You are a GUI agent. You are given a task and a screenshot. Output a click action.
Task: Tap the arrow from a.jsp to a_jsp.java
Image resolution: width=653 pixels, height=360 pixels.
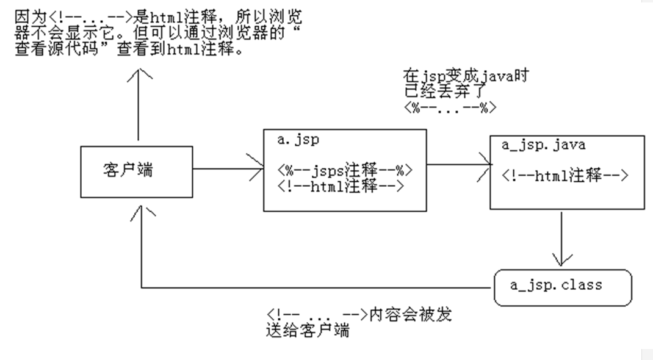pyautogui.click(x=458, y=164)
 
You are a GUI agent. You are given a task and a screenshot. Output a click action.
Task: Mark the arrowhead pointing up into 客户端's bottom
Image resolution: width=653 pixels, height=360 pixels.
pyautogui.click(x=141, y=211)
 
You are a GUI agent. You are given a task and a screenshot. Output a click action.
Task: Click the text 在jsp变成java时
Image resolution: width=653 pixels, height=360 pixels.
pyautogui.click(x=465, y=77)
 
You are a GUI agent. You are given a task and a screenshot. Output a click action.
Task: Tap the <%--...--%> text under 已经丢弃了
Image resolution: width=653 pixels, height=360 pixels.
pyautogui.click(x=450, y=107)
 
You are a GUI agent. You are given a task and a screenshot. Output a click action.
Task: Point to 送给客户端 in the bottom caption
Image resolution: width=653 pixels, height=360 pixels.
pyautogui.click(x=308, y=332)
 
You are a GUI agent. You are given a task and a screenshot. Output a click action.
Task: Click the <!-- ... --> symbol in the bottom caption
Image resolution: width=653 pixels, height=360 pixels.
pyautogui.click(x=316, y=315)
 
